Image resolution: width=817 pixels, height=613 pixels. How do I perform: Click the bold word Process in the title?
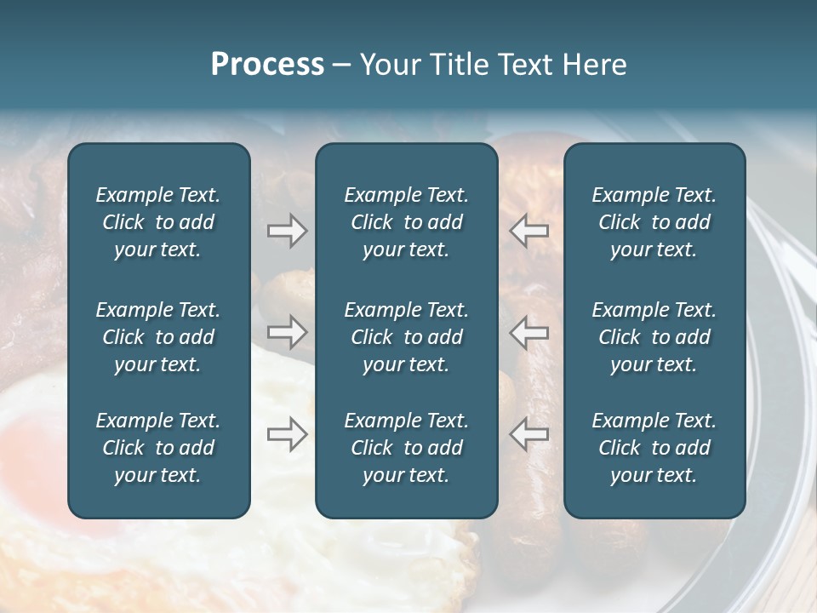(267, 65)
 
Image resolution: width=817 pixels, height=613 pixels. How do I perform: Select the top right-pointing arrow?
(287, 231)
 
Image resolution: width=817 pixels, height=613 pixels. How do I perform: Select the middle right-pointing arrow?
(287, 330)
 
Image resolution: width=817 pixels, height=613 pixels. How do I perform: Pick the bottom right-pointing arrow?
(287, 434)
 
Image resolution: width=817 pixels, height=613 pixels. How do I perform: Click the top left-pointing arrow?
(528, 231)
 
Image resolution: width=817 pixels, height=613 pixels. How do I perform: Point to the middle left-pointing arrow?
(528, 330)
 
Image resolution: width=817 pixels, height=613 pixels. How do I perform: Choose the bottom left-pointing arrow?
(528, 434)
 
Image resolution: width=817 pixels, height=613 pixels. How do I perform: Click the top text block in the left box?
(158, 222)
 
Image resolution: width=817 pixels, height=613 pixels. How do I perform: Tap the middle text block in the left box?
(158, 337)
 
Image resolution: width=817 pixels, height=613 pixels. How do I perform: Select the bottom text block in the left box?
(158, 448)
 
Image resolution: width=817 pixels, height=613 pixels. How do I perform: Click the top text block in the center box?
(406, 222)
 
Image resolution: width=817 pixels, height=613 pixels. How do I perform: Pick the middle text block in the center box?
(406, 337)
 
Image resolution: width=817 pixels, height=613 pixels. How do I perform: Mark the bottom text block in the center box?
(406, 448)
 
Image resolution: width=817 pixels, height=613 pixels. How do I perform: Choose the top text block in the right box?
(654, 222)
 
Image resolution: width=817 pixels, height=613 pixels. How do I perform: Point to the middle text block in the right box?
(654, 337)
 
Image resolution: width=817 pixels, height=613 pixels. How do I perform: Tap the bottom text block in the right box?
(654, 448)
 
